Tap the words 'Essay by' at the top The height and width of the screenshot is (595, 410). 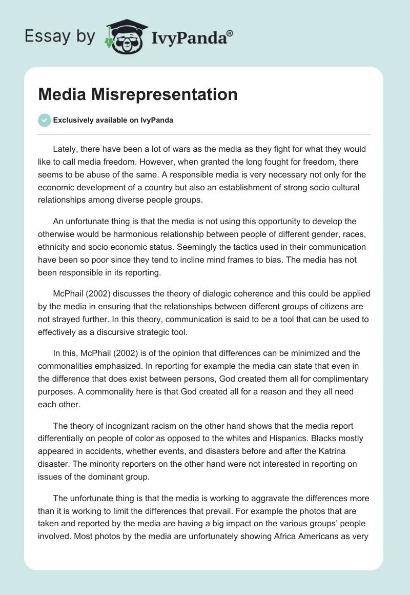point(60,37)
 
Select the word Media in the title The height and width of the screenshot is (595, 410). point(60,94)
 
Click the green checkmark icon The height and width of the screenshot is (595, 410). point(44,120)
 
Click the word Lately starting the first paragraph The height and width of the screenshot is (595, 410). point(65,149)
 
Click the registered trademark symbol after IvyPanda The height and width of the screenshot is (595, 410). point(230,33)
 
